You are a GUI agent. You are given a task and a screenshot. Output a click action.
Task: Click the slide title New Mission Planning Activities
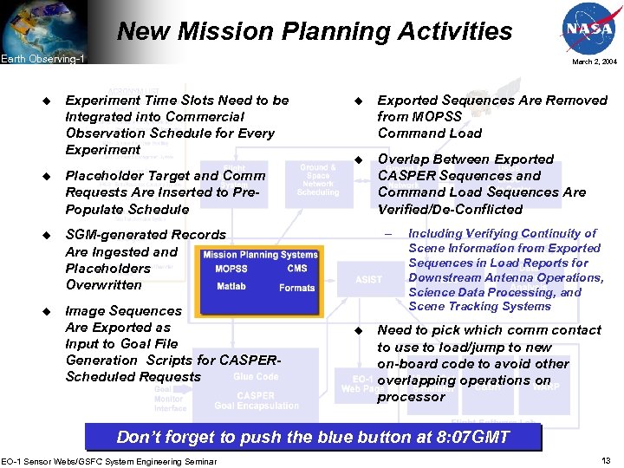pyautogui.click(x=315, y=31)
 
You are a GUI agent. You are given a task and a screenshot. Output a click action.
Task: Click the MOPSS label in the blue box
pyautogui.click(x=231, y=269)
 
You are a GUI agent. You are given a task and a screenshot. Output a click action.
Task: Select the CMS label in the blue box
pyautogui.click(x=296, y=269)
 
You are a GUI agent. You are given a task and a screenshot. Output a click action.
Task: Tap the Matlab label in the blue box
pyautogui.click(x=231, y=287)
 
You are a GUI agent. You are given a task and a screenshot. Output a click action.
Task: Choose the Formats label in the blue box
pyautogui.click(x=296, y=288)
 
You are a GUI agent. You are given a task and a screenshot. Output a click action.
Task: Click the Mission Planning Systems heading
pyautogui.click(x=260, y=255)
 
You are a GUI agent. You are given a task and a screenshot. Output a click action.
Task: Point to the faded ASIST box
pyautogui.click(x=368, y=279)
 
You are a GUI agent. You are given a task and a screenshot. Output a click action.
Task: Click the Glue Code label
pyautogui.click(x=256, y=376)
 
